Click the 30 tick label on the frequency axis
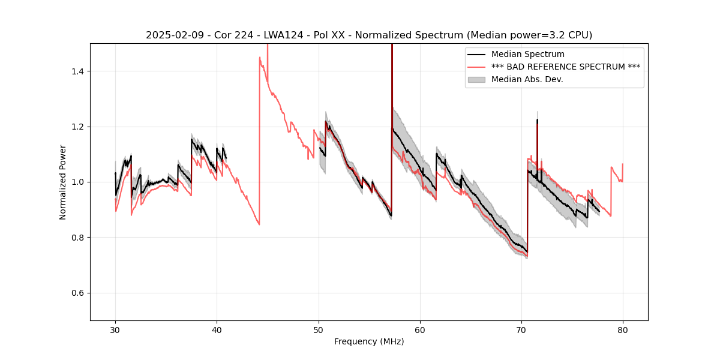point(115,329)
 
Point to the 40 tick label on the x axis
point(217,329)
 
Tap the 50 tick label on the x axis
point(318,329)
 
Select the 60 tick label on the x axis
point(419,329)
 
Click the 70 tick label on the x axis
point(521,329)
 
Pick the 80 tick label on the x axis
point(622,329)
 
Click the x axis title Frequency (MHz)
point(369,341)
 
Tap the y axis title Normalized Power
point(63,182)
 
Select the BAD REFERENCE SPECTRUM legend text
point(565,67)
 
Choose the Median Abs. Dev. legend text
point(527,79)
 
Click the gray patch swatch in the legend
point(477,79)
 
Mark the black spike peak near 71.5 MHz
point(537,120)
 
